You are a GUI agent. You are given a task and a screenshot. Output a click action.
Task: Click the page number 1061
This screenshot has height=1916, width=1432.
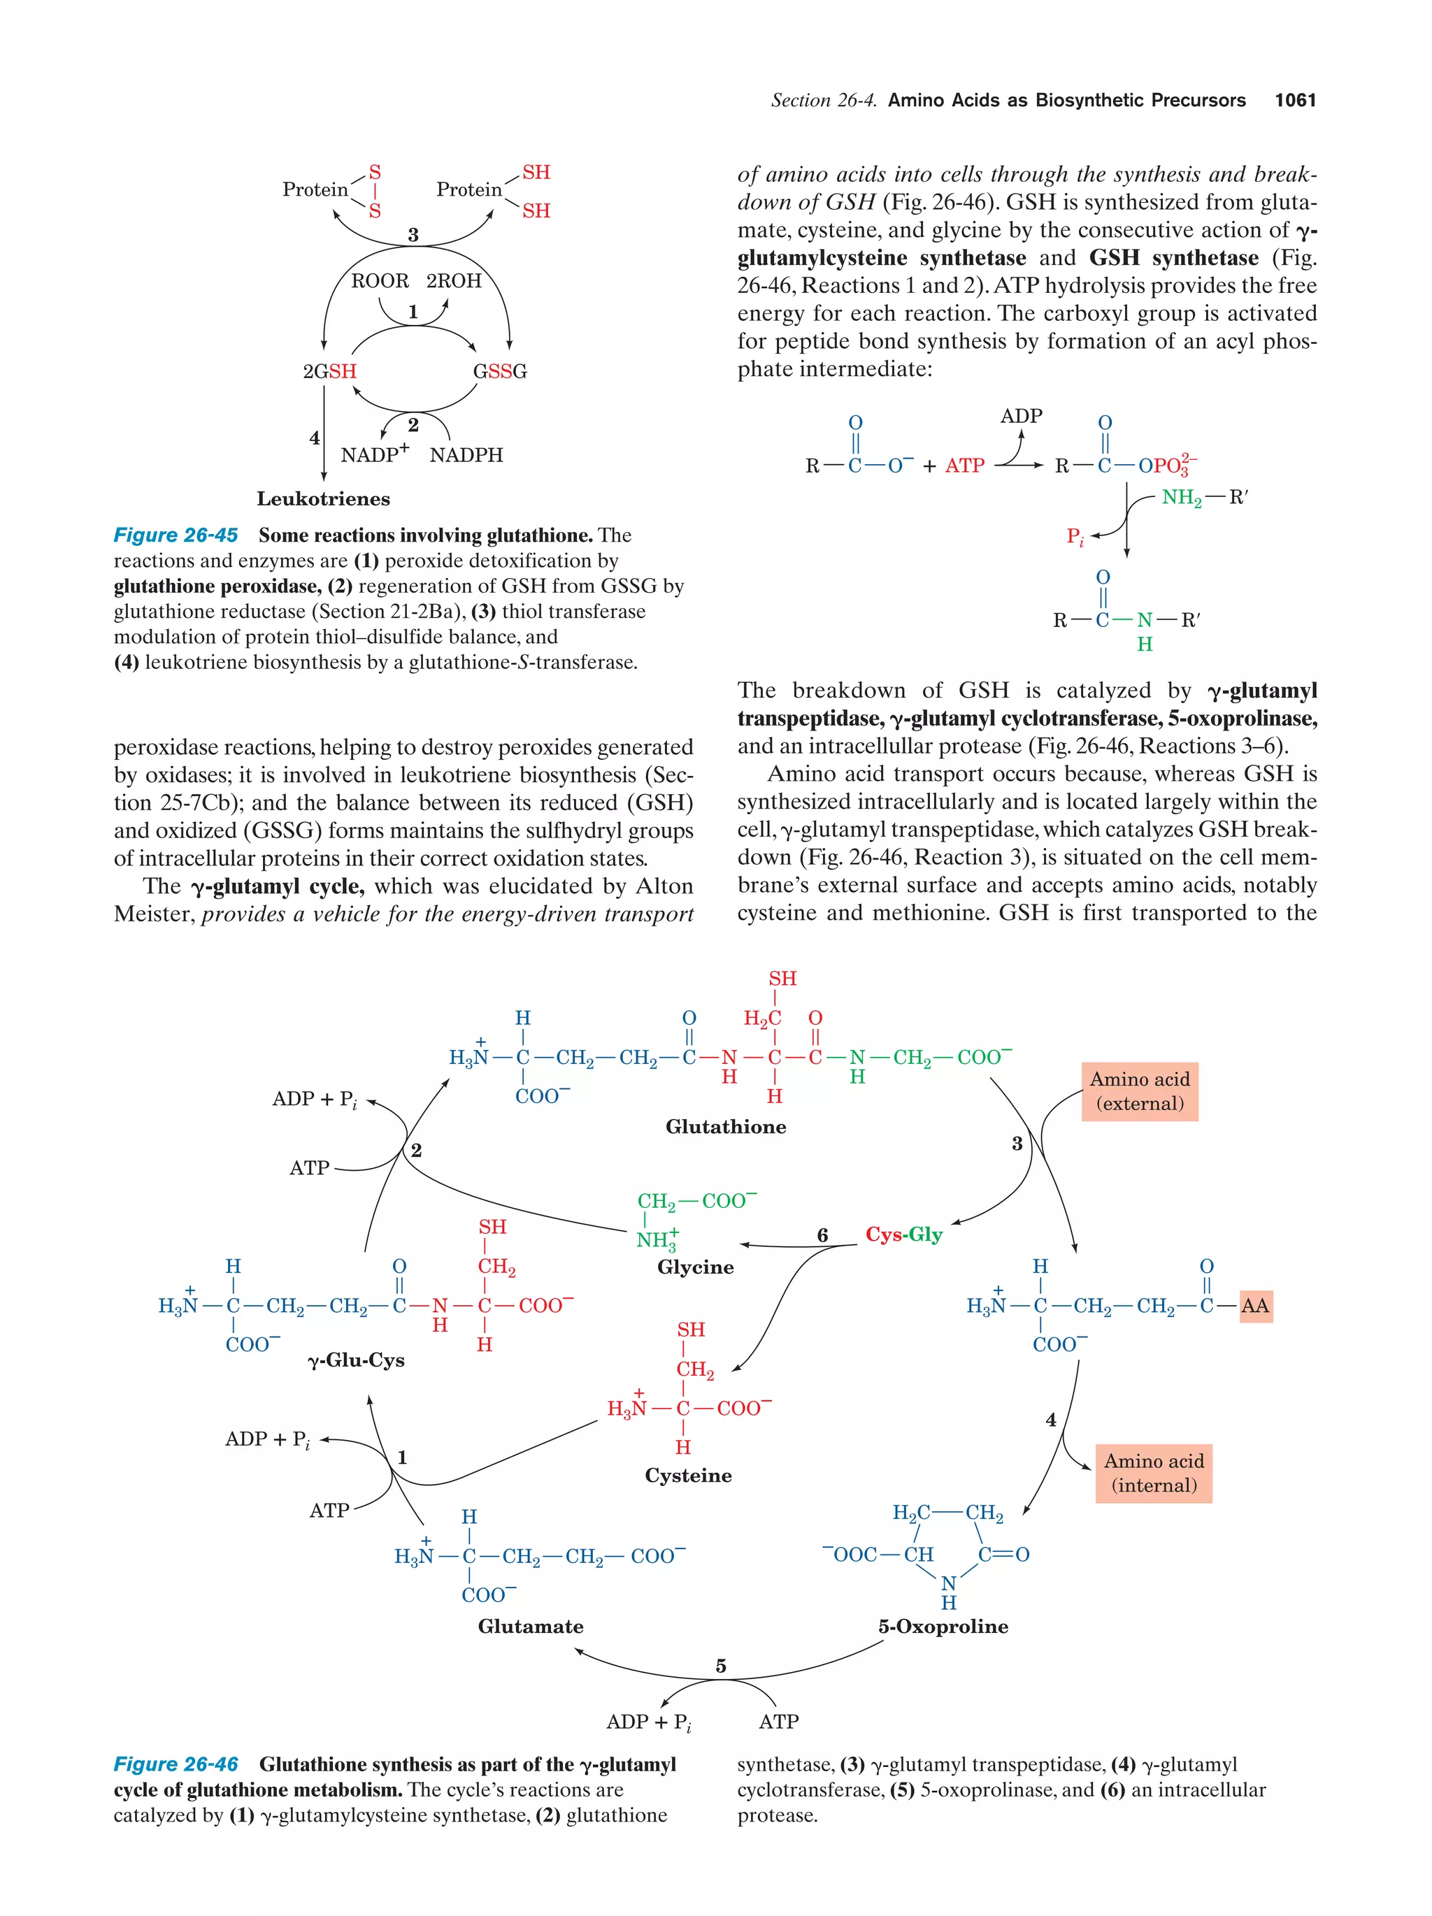(1294, 101)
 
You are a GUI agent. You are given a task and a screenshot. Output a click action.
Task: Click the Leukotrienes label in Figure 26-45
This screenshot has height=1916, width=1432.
(323, 499)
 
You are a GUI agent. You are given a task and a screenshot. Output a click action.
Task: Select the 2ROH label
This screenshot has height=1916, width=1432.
(453, 280)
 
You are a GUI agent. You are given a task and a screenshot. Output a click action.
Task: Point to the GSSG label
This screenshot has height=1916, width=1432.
(499, 372)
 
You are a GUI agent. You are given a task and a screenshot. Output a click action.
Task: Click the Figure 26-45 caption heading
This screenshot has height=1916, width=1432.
(176, 535)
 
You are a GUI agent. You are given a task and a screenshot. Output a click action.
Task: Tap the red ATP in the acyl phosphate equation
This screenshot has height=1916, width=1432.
(964, 466)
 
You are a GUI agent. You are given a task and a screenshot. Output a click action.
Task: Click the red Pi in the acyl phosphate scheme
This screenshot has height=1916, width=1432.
(1074, 537)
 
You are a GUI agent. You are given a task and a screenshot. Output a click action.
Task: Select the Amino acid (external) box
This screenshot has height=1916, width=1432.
(1139, 1091)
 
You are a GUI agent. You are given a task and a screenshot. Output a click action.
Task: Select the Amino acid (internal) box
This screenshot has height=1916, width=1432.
(1153, 1474)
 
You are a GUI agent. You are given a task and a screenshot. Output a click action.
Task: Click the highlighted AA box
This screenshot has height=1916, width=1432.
(1254, 1305)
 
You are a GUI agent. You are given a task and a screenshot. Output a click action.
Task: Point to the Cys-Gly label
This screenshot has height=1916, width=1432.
(903, 1234)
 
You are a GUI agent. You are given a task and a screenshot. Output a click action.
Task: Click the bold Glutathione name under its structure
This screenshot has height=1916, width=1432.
(725, 1127)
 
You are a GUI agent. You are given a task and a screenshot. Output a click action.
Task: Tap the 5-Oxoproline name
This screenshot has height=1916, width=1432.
(943, 1627)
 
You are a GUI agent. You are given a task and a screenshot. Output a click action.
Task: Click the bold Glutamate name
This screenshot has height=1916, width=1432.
(530, 1627)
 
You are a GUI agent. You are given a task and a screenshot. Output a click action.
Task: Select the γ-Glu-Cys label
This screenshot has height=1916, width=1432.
(356, 1360)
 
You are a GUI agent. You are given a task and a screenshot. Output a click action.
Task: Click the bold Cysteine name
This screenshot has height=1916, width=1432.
(688, 1475)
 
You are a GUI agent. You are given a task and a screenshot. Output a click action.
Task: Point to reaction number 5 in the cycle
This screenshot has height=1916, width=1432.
(720, 1666)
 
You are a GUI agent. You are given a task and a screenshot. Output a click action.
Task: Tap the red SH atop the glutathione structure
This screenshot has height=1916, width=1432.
(782, 979)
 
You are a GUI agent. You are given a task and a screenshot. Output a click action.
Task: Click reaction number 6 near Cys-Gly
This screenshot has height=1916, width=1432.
(822, 1235)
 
